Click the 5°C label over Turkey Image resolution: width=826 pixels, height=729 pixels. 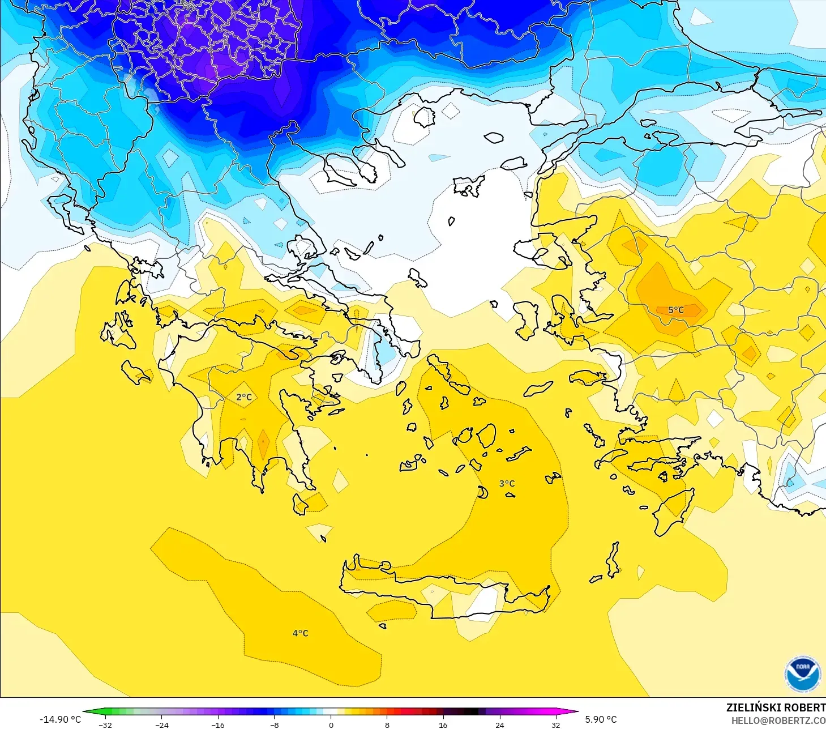tap(676, 310)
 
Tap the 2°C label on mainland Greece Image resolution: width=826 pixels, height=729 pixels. tap(244, 397)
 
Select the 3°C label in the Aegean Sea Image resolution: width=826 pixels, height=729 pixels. tap(507, 484)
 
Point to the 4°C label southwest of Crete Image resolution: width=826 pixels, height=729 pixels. tap(300, 633)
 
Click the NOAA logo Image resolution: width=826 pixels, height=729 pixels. tap(802, 673)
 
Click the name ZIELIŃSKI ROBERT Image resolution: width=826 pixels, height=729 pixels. tap(776, 707)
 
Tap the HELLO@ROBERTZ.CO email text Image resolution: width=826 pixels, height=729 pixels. tap(778, 721)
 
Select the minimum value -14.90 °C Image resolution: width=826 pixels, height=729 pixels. tap(60, 719)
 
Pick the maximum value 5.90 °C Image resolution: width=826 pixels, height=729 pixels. tap(601, 719)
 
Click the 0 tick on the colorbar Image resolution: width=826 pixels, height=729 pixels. tap(331, 724)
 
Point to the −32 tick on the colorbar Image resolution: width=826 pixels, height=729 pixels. tap(105, 724)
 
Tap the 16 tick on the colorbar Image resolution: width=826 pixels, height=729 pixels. tap(443, 724)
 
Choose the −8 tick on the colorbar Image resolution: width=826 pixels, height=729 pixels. tap(275, 724)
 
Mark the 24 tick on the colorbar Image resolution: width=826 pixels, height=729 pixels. tap(499, 724)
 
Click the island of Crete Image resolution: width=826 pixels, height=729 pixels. tap(430, 589)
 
